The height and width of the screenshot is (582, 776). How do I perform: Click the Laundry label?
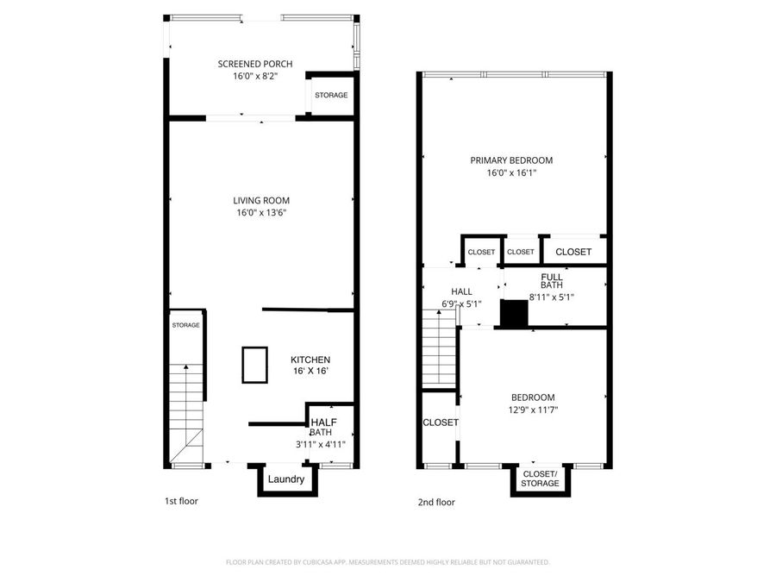(x=285, y=479)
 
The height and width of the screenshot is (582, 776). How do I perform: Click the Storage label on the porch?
(x=331, y=95)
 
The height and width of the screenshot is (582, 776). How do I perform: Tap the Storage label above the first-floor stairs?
(x=185, y=325)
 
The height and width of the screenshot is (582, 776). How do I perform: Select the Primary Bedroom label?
(x=511, y=160)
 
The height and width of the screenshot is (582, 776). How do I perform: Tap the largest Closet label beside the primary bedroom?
(x=573, y=252)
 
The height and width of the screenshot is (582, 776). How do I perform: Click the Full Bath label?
(x=552, y=281)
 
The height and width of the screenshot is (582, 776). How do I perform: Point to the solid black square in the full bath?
(x=514, y=313)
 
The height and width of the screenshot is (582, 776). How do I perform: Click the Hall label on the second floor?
(x=461, y=292)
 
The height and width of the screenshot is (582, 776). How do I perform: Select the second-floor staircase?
(x=439, y=349)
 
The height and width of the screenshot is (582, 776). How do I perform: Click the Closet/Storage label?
(x=541, y=479)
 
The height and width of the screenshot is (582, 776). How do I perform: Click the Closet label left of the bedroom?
(x=440, y=422)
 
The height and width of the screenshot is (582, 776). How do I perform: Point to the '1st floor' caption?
(x=181, y=501)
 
